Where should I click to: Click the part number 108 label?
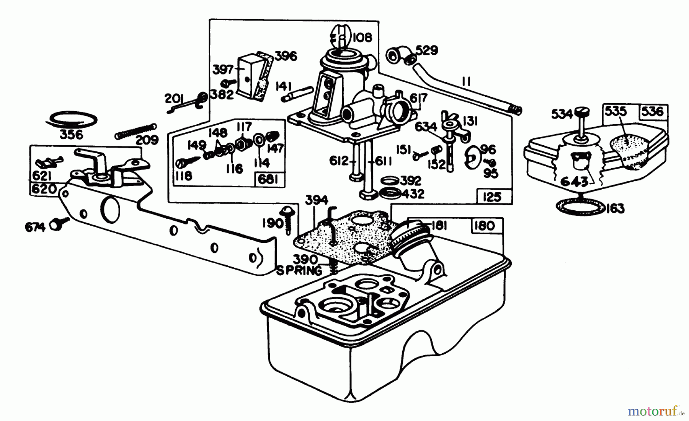tap(362, 37)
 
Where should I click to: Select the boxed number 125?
tap(492, 197)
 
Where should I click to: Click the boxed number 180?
tap(484, 226)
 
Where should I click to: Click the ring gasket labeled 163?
tap(581, 206)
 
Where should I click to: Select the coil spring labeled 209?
tap(136, 130)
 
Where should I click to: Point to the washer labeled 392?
tap(390, 180)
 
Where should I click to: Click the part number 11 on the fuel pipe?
tap(466, 81)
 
